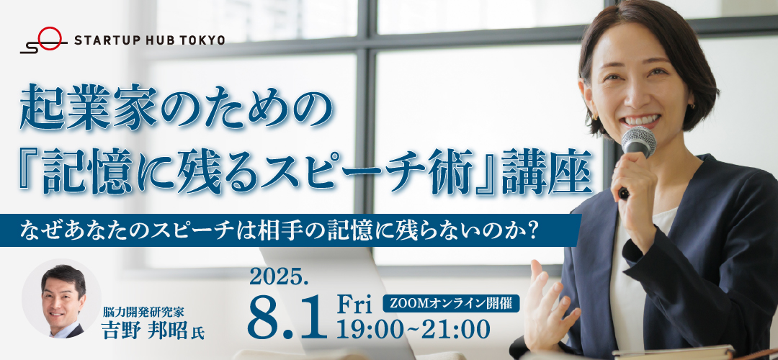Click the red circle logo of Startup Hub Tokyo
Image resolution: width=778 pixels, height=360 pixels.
coord(50,39)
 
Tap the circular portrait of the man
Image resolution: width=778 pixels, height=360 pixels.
coord(61,299)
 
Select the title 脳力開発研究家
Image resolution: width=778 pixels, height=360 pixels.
coord(143,312)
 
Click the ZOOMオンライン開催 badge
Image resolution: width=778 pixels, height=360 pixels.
coord(451,303)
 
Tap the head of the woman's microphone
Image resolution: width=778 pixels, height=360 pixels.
coord(639,141)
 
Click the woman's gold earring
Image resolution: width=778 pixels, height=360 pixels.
coord(594,115)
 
